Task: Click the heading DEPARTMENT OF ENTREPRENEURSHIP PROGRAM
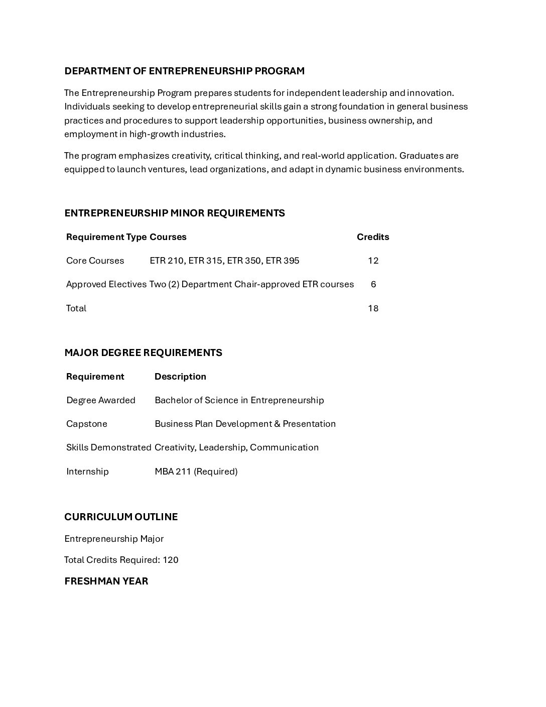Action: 184,71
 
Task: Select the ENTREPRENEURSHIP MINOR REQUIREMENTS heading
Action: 174,213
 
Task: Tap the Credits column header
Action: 373,237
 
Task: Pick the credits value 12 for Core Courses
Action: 373,261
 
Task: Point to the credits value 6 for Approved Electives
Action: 373,284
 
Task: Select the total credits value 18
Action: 373,308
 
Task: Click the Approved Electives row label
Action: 106,284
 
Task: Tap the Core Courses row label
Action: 95,261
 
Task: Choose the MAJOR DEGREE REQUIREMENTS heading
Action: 143,352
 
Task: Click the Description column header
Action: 180,377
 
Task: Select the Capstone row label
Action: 87,424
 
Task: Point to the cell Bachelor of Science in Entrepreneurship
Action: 239,400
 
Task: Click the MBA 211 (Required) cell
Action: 196,472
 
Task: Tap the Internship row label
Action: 87,472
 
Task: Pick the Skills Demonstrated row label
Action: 108,447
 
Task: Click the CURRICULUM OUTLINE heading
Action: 121,517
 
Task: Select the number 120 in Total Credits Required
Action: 171,560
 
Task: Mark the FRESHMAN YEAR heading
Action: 106,581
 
